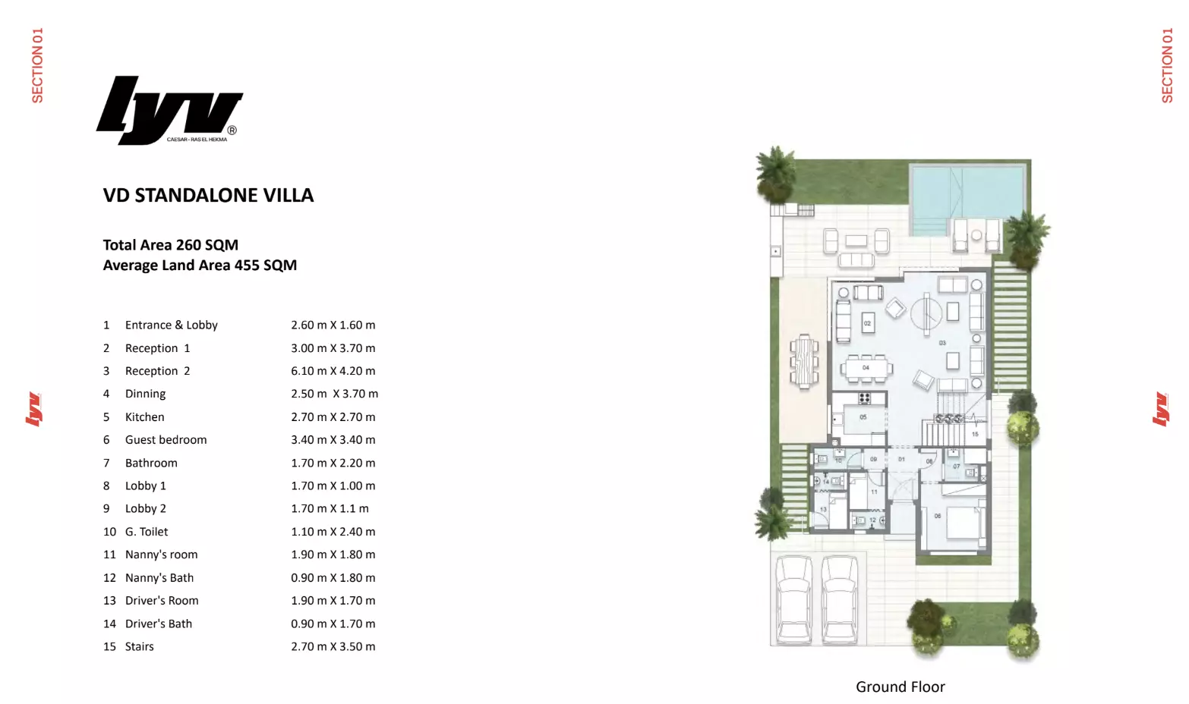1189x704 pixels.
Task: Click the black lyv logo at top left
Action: point(169,110)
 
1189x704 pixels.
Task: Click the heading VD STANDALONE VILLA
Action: point(208,196)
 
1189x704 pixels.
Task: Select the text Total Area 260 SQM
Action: point(171,245)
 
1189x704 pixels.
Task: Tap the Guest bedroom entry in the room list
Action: point(166,440)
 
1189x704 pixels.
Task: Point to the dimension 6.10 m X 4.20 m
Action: point(333,371)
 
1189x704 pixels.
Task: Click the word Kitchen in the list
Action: point(144,417)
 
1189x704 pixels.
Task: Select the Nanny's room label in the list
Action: point(161,555)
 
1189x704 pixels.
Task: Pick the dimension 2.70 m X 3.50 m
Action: point(333,646)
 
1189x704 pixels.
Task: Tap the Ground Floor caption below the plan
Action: point(900,687)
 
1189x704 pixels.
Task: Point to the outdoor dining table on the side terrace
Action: point(804,361)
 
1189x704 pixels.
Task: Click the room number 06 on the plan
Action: point(938,516)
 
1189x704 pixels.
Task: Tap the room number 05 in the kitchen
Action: point(863,417)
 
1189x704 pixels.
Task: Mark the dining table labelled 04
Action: point(866,368)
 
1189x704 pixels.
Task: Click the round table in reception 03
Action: point(926,312)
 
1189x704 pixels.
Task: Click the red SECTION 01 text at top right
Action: point(1167,65)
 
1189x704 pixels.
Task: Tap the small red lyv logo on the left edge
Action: point(33,410)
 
